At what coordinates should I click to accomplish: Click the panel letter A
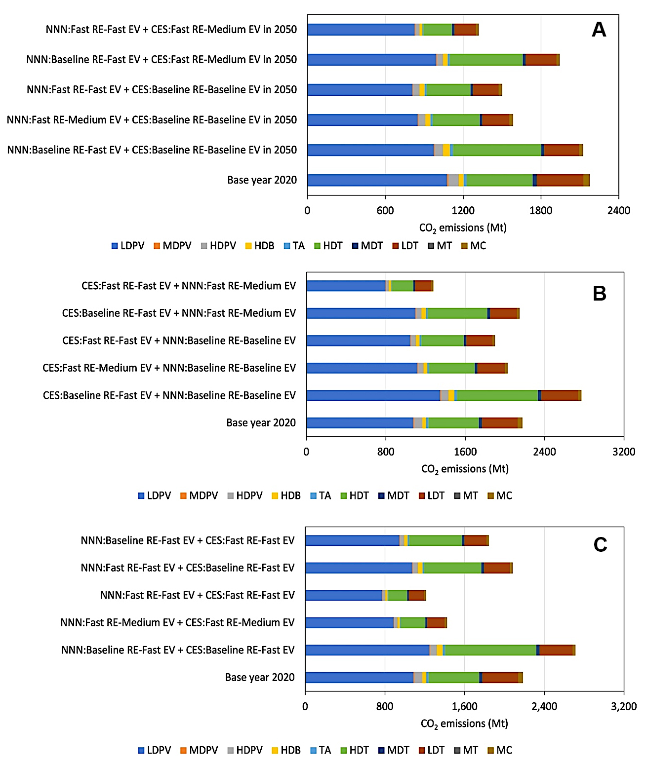pos(599,30)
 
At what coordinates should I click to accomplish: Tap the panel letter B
pos(599,294)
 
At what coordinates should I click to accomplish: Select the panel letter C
pos(600,545)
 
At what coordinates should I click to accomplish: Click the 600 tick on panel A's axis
pos(385,211)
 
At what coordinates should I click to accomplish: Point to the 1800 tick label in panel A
pos(541,211)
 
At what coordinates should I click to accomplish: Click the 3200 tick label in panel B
pos(623,452)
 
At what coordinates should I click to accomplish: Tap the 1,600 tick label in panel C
pos(464,706)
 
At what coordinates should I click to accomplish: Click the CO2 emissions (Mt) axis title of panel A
pos(463,228)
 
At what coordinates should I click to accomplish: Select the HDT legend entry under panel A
pos(328,246)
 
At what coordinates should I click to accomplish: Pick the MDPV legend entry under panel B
pos(199,496)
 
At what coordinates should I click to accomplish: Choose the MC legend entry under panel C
pos(499,750)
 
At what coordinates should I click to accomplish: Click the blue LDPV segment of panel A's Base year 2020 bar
pos(377,180)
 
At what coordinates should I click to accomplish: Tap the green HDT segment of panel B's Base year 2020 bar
pos(453,423)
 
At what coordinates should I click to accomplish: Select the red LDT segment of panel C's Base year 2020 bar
pos(500,678)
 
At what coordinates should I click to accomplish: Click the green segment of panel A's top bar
pos(437,30)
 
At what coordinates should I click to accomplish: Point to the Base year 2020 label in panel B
pos(261,423)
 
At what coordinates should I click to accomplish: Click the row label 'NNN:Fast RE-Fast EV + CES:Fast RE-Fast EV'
pos(197,595)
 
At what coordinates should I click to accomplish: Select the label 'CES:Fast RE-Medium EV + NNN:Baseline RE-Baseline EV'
pos(169,368)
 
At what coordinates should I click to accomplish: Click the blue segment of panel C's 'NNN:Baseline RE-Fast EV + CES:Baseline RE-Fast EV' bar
pos(367,650)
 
